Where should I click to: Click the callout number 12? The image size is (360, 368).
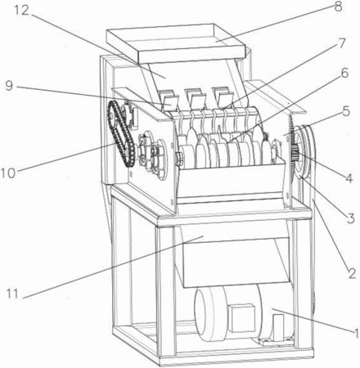[x=21, y=11]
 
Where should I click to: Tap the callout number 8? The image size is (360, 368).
[x=338, y=7]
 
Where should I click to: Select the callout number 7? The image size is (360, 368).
[x=342, y=43]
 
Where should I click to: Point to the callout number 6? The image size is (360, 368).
[x=344, y=73]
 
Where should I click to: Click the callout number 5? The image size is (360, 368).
[x=346, y=111]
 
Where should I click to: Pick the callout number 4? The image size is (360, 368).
[x=349, y=177]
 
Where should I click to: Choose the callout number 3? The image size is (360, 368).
[x=351, y=218]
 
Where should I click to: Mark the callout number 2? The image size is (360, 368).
[x=352, y=273]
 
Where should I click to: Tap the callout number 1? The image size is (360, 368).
[x=356, y=333]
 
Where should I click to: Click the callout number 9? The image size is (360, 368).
[x=9, y=86]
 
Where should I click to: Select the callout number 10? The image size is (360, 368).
[x=8, y=173]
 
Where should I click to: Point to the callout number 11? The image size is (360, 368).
[x=12, y=294]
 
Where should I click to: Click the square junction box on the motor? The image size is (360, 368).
[x=241, y=318]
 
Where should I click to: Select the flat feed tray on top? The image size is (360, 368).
[x=177, y=43]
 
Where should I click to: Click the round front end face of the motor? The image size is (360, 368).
[x=201, y=315]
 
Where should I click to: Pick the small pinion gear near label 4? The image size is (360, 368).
[x=295, y=154]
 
